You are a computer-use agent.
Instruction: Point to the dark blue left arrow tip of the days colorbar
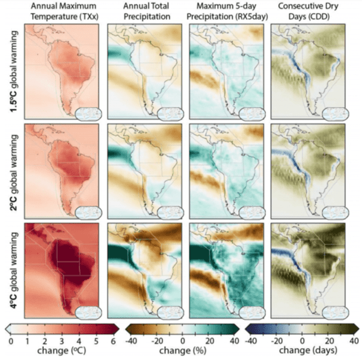(249, 329)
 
